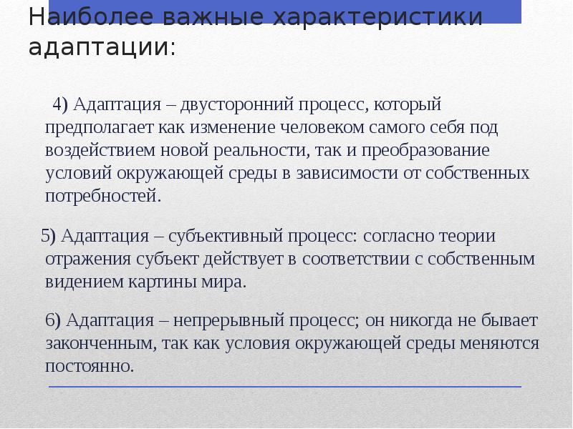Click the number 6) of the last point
pos(55,320)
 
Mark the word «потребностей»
pos(100,195)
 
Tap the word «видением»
pos(78,281)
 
